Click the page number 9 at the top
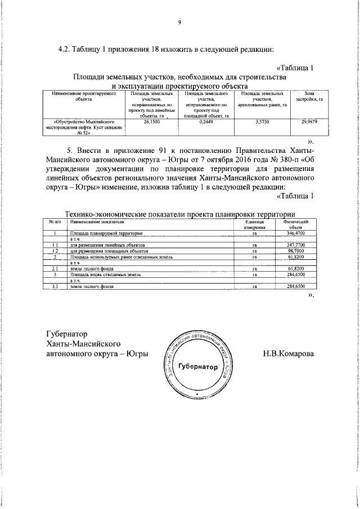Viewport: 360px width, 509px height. tap(179, 22)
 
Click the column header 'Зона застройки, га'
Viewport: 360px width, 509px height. tap(309, 96)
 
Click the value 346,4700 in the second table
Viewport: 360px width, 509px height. tap(295, 233)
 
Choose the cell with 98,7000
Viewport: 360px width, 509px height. tap(295, 251)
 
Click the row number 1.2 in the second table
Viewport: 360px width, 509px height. tap(55, 251)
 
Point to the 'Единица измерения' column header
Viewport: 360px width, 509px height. tap(254, 225)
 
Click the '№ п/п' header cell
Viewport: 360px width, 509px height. tap(55, 222)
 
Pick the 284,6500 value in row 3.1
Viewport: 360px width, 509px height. tap(295, 286)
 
